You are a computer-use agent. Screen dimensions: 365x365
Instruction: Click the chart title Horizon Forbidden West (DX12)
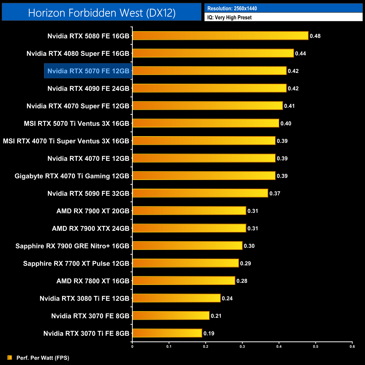[102, 13]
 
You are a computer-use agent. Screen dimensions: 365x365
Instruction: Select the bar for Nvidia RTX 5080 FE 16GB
[220, 36]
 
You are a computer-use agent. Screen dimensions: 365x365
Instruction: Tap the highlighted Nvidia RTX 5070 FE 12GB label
[88, 71]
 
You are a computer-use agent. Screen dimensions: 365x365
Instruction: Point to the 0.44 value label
[300, 53]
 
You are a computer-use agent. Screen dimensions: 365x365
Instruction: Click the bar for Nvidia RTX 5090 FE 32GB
[200, 193]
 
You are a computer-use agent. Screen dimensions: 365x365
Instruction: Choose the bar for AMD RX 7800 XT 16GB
[184, 280]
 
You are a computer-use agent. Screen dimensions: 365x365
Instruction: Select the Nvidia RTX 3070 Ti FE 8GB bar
[167, 333]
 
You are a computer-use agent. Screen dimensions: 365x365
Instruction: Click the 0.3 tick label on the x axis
[242, 346]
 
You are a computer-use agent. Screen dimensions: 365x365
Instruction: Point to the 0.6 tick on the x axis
[352, 346]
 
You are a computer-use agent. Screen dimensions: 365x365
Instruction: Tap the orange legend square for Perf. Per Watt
[10, 357]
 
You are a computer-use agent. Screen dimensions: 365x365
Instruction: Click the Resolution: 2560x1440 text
[232, 8]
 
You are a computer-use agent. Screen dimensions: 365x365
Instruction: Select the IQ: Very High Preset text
[229, 17]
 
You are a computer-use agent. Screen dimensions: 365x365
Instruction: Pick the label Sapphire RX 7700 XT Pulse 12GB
[76, 263]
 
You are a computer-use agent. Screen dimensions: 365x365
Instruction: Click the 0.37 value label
[275, 193]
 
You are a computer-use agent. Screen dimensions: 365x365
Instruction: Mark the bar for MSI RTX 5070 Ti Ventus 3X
[206, 123]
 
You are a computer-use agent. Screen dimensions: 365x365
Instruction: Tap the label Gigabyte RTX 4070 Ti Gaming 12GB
[72, 176]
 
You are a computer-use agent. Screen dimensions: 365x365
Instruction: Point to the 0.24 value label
[227, 298]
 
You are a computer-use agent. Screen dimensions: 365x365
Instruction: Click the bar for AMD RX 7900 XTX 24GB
[189, 228]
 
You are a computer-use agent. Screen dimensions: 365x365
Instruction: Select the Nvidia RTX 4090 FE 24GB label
[88, 88]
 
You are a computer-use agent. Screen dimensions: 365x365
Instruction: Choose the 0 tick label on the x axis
[132, 346]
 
